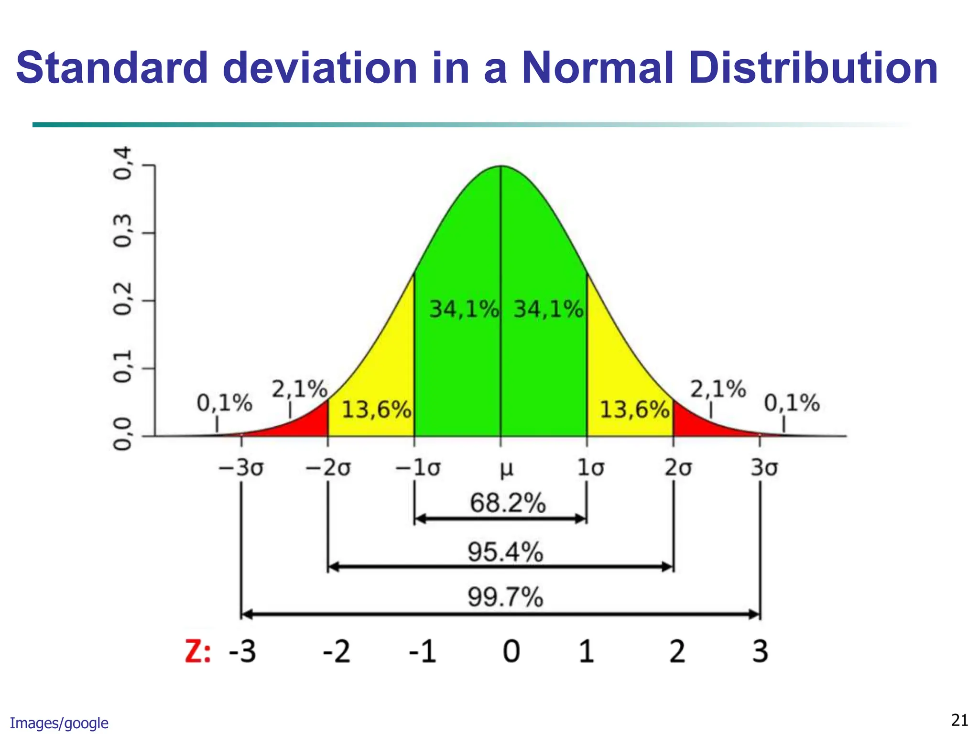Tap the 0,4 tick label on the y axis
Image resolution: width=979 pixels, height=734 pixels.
coord(122,163)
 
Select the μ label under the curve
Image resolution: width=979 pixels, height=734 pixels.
coord(506,469)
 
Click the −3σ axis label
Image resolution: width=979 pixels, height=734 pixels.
coord(241,468)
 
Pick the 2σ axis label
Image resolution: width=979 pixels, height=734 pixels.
coord(678,468)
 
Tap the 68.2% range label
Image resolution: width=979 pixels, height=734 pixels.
coord(508,503)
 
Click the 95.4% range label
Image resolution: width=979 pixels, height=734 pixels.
coord(505,552)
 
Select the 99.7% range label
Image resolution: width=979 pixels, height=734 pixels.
coord(505,597)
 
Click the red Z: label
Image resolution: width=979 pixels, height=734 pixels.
coord(197,652)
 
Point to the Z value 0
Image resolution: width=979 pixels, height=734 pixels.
coord(511,652)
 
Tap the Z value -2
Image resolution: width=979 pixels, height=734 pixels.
coord(337,652)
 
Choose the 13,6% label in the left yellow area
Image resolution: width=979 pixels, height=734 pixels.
coord(377,410)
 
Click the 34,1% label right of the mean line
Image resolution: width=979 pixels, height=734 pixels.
coord(548,309)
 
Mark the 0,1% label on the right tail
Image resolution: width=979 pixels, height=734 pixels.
coord(792,403)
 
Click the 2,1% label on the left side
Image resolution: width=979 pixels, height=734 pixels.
coord(300,389)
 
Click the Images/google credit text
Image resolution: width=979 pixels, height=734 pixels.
coord(59,723)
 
